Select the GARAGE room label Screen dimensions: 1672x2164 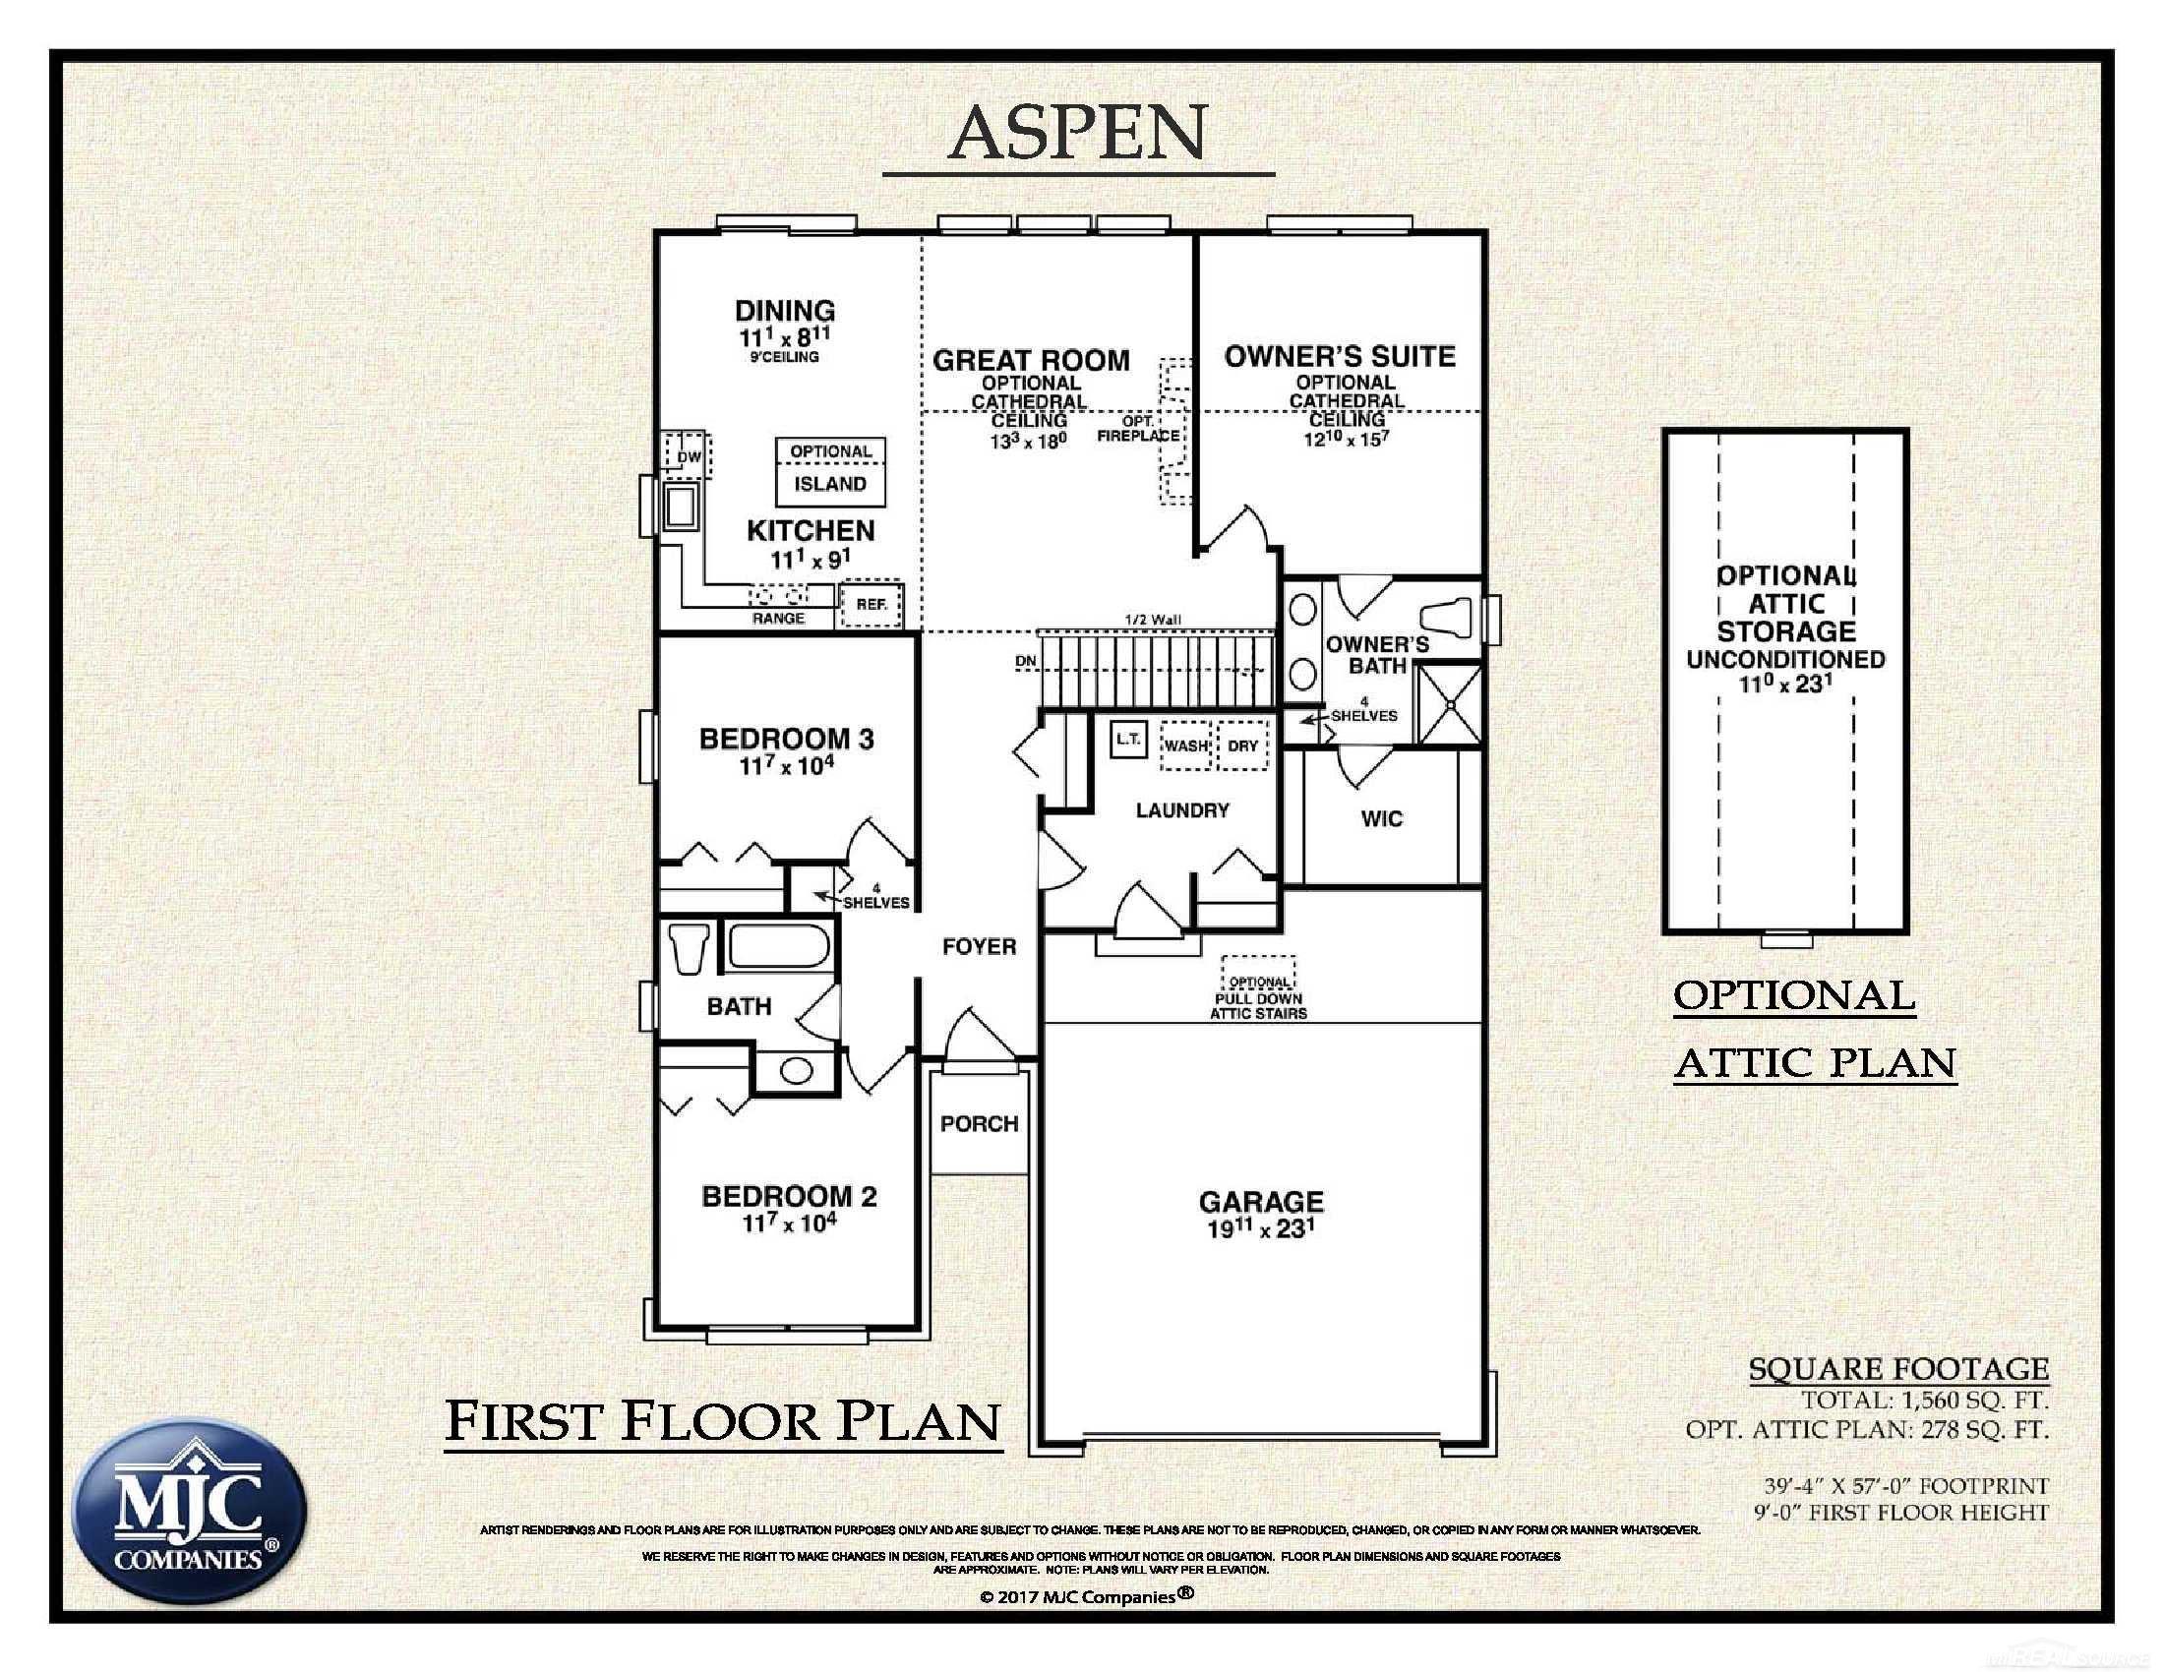[1260, 1202]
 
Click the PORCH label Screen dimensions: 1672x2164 [979, 1123]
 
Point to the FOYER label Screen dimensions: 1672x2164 [979, 947]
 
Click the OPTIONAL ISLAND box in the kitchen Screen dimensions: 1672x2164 [830, 469]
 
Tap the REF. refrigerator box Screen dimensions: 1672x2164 [872, 604]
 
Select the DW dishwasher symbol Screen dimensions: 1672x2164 [688, 456]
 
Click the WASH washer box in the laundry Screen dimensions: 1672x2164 [1186, 745]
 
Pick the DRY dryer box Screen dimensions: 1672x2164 [1242, 745]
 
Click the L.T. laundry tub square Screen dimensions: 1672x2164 [1128, 739]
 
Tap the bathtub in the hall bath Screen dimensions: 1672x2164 [780, 946]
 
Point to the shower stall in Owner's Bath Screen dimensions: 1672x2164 [1450, 705]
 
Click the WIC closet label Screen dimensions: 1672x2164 [1381, 819]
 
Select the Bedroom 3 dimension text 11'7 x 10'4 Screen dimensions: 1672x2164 [787, 765]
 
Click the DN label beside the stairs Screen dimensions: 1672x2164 [1026, 661]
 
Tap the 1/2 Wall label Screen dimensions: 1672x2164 [1153, 620]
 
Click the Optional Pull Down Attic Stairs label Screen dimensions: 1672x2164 [1258, 998]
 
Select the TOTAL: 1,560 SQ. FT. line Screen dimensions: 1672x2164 [1924, 1401]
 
